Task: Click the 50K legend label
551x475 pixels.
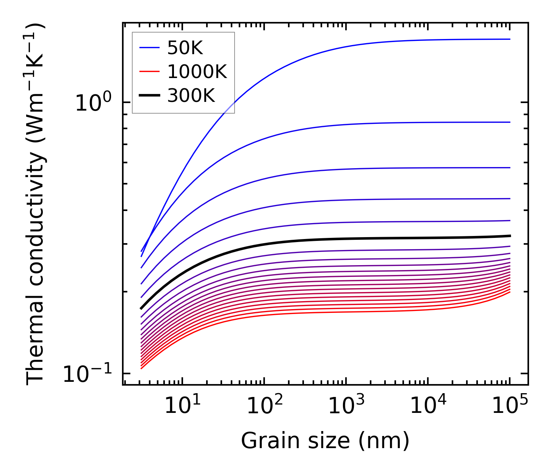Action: tap(185, 48)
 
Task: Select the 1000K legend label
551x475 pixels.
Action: tap(197, 72)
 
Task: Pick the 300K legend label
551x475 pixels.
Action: tap(191, 96)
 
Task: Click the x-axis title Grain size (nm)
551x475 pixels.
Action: tap(325, 441)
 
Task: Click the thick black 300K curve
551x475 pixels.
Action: tap(303, 240)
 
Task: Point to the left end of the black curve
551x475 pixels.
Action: tap(141, 308)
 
